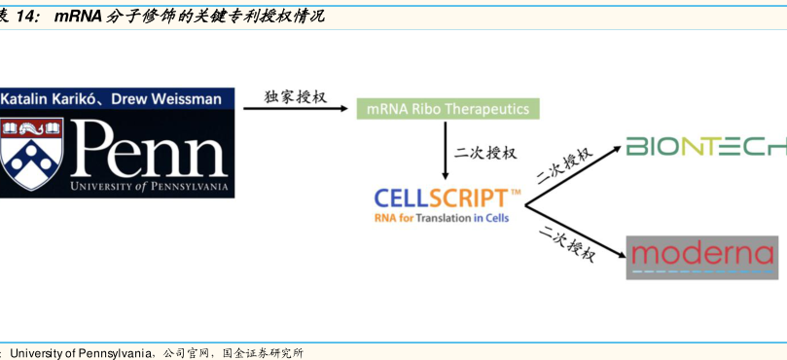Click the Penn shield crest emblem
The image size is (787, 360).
(x=31, y=154)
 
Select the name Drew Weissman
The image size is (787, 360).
(x=166, y=99)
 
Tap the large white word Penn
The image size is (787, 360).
(x=149, y=149)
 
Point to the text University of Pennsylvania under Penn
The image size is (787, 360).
(x=149, y=187)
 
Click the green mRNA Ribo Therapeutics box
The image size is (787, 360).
(x=447, y=108)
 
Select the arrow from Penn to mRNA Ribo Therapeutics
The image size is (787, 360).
(x=296, y=108)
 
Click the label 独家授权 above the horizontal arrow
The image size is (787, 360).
(x=295, y=96)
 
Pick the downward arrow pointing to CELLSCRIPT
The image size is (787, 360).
(x=445, y=150)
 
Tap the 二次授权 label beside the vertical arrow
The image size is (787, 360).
(x=485, y=152)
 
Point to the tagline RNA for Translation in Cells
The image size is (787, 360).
(x=442, y=218)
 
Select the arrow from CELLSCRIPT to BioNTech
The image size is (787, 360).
(x=574, y=176)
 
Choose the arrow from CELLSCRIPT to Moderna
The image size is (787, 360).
(x=575, y=231)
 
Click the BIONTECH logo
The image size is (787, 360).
(x=706, y=146)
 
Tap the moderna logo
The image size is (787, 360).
(x=701, y=257)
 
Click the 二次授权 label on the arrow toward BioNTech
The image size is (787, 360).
(x=565, y=165)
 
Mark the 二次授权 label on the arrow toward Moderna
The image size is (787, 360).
(x=567, y=244)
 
